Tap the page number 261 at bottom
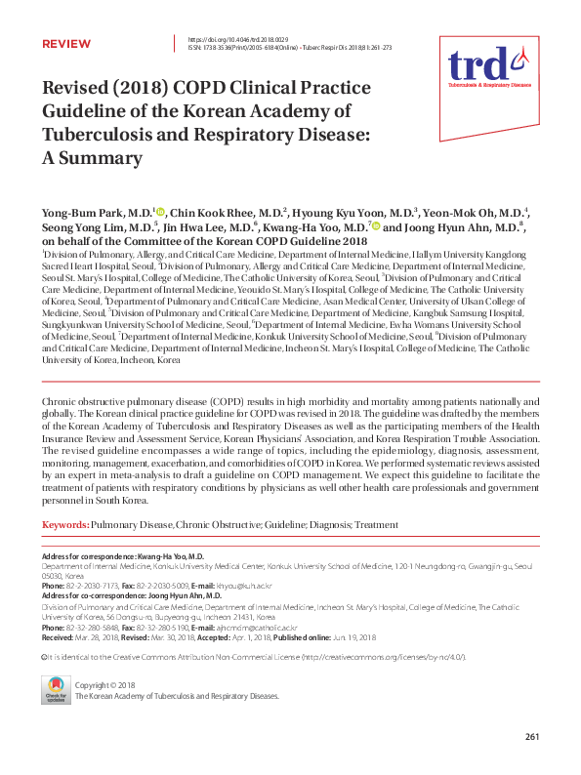point(532,736)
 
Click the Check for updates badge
point(55,689)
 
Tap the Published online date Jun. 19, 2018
point(347,637)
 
